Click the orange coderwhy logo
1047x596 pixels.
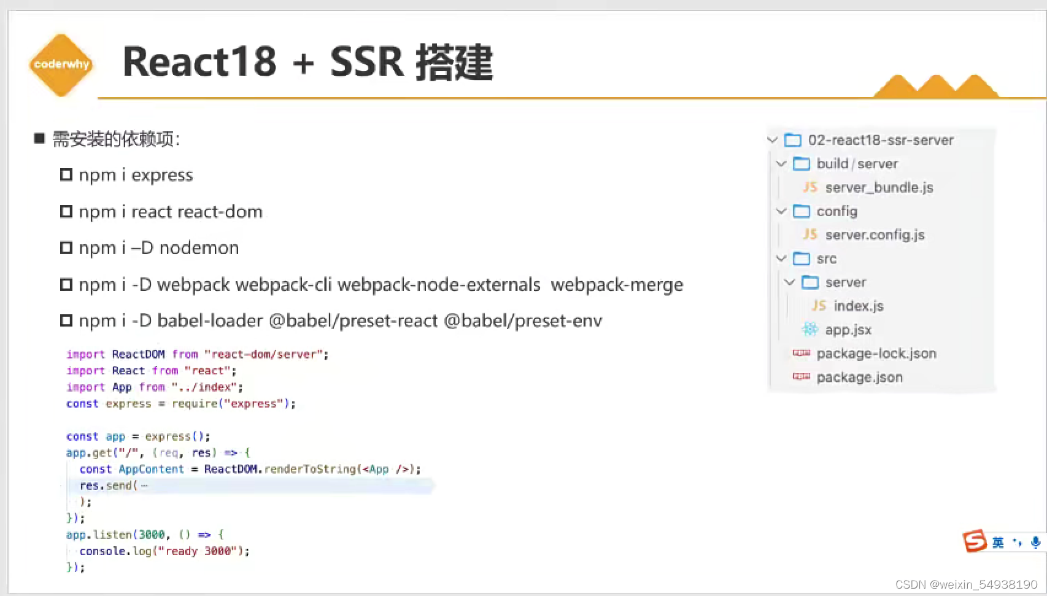pos(61,64)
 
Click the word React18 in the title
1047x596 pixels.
pos(199,62)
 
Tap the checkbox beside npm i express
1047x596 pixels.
pos(66,175)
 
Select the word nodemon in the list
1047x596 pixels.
pos(199,248)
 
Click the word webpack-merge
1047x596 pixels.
pos(617,285)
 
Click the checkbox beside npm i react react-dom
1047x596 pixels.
pos(66,212)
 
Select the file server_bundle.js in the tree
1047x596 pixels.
pos(878,188)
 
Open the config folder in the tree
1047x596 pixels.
pos(836,211)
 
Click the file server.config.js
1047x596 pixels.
pos(875,235)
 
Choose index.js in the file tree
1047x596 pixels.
pos(858,306)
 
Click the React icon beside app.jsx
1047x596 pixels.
pos(809,330)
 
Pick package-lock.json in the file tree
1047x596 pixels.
pos(876,354)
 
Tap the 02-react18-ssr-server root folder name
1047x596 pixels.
pos(881,140)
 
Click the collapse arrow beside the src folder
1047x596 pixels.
pos(781,258)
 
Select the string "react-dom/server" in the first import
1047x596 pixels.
pos(265,355)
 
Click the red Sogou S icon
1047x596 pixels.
pos(974,541)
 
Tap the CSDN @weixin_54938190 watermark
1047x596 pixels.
pos(967,584)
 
